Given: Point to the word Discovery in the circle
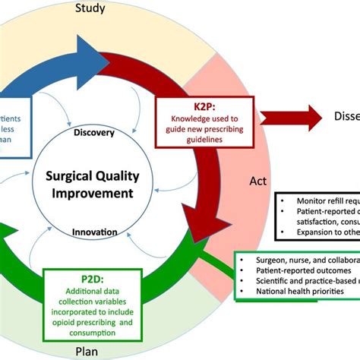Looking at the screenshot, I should [94, 133].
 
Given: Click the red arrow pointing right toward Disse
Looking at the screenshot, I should [292, 117].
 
